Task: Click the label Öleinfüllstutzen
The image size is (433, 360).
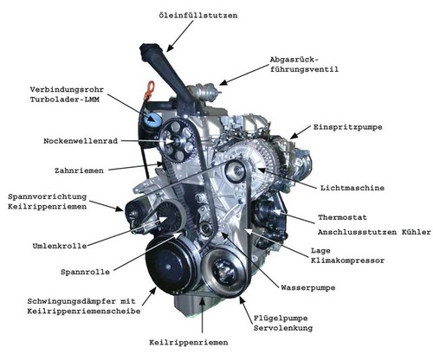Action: [x=198, y=15]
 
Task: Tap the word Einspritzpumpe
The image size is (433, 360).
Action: [x=348, y=127]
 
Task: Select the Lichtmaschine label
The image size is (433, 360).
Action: [x=352, y=188]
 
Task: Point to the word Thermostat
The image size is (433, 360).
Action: [x=342, y=217]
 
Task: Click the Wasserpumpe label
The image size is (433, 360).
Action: [x=308, y=287]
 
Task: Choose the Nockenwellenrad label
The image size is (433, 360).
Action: [x=81, y=141]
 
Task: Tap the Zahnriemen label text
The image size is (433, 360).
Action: [x=79, y=170]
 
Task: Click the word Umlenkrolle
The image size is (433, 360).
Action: [x=60, y=246]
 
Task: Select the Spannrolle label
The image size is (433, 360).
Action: [x=85, y=272]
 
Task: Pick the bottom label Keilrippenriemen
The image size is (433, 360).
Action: [x=189, y=343]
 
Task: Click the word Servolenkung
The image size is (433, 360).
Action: [x=283, y=328]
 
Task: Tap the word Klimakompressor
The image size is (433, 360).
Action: [x=347, y=260]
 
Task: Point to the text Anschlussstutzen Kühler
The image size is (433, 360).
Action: [x=374, y=232]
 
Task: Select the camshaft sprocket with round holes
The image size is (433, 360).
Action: [x=178, y=140]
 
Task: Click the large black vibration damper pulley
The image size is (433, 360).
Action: [x=171, y=264]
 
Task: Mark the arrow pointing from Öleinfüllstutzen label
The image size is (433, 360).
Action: [x=179, y=36]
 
